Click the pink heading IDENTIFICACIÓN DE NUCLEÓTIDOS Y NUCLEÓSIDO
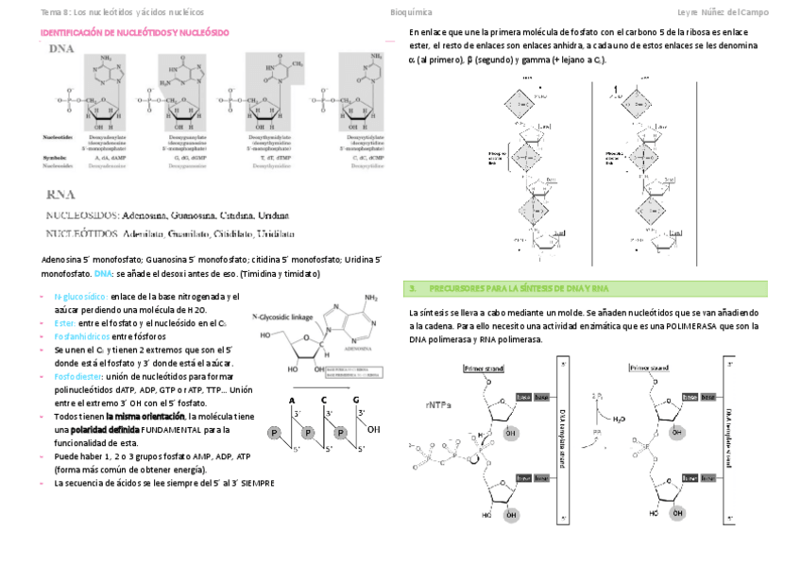coord(134,33)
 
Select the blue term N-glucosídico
coord(80,297)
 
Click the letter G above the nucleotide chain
coord(357,399)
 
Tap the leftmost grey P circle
coord(275,434)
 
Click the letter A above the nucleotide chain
coord(293,399)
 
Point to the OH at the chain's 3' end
coord(373,429)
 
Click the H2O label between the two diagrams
coord(618,418)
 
